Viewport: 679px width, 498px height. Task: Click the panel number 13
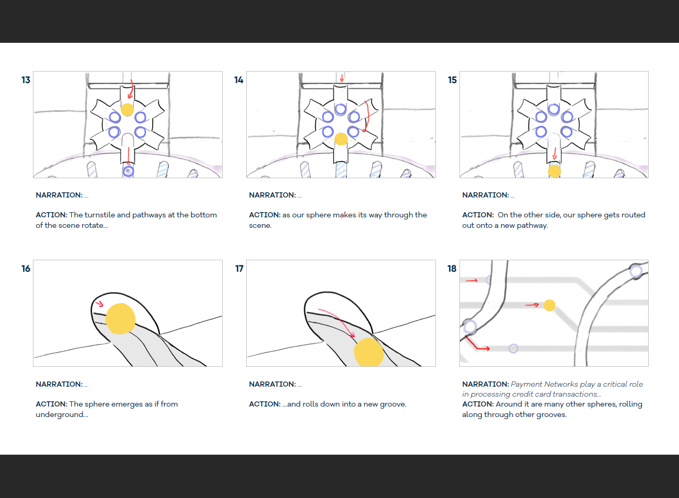(26, 80)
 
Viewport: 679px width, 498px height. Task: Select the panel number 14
(239, 80)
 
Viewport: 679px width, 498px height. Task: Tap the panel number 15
(452, 80)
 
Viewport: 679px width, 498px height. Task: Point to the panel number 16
(26, 269)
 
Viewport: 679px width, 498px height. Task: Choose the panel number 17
(239, 269)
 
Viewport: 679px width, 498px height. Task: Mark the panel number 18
(452, 269)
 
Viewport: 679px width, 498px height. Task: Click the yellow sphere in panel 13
(127, 110)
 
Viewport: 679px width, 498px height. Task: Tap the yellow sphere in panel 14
(341, 138)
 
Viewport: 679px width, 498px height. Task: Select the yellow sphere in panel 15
(554, 171)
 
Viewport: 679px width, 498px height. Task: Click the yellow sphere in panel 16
(120, 318)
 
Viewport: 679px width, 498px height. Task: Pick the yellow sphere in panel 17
(369, 352)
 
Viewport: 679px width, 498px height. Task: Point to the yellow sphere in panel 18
(549, 305)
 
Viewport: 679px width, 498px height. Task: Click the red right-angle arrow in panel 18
(476, 344)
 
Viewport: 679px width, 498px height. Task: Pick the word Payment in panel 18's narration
(526, 384)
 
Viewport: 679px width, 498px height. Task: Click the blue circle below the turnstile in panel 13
(128, 171)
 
